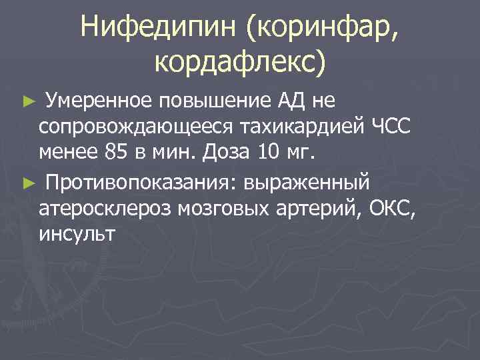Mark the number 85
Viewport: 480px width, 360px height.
117,153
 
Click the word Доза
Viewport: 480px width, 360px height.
223,153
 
